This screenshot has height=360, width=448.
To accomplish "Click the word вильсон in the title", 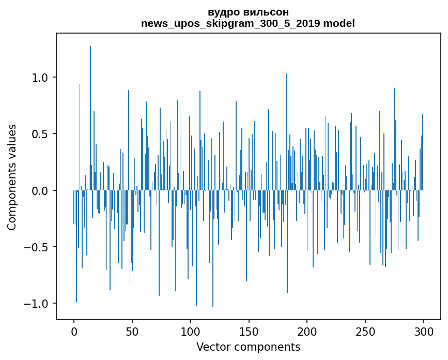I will pos(265,12).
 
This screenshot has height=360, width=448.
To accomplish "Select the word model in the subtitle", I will pos(340,23).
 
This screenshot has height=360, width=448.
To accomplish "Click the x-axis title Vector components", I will pos(248,347).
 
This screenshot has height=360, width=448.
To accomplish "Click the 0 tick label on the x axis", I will pos(74,331).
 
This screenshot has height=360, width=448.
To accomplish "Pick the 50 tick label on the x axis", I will pos(132,331).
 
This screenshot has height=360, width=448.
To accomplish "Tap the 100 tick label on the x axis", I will pos(191,331).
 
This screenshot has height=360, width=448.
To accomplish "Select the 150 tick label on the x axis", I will pos(249,331).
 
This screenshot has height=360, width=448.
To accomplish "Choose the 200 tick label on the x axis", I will pos(307,331).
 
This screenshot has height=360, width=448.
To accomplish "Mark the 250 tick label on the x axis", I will pos(365,331).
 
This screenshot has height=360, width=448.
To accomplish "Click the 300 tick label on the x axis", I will pos(424,331).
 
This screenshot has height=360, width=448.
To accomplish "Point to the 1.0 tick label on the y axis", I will pos(40,78).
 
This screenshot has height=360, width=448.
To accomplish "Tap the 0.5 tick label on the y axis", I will pos(40,134).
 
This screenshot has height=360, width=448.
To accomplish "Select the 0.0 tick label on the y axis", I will pos(40,190).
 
